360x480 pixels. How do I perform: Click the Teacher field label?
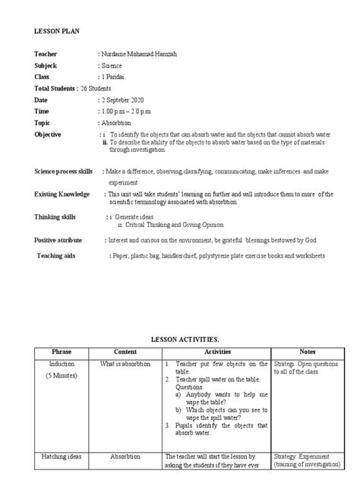pyautogui.click(x=46, y=55)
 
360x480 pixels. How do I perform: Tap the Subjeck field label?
pyautogui.click(x=46, y=67)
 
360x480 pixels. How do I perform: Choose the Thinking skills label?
pyautogui.click(x=57, y=216)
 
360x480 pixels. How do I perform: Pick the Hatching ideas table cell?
pyautogui.click(x=60, y=456)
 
